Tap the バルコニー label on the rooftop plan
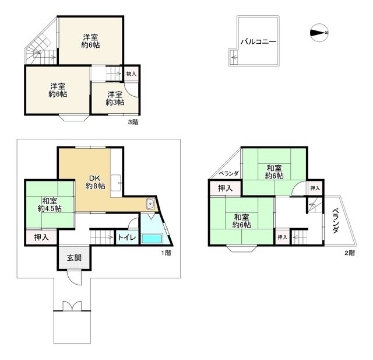point(257,42)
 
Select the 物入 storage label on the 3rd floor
point(131,74)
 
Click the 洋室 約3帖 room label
point(115,98)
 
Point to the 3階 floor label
point(133,122)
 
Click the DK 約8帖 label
point(95,181)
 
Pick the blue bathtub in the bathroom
point(154,239)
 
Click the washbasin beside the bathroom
point(151,204)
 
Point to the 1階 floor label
point(166,253)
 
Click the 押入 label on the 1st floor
point(41,237)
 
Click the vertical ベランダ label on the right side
point(336,221)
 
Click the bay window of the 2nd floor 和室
point(242,250)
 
